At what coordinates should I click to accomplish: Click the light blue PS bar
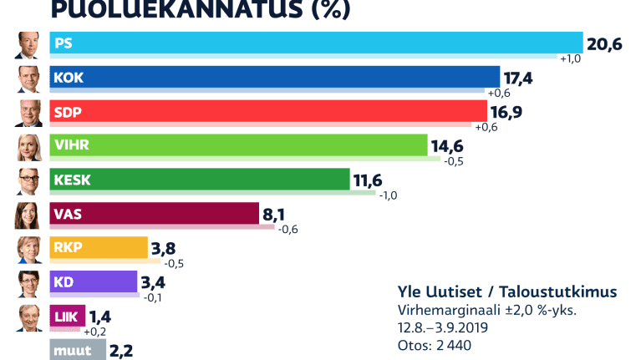(316, 43)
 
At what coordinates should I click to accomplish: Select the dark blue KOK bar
(274, 77)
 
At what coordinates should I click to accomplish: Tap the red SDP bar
(267, 111)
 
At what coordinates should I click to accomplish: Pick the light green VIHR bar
(238, 145)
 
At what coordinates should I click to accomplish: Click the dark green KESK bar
(200, 180)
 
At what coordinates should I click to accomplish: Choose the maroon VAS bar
(155, 214)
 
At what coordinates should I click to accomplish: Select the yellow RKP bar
(99, 248)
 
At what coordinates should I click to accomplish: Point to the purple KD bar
(93, 282)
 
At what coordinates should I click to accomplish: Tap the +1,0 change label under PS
(570, 59)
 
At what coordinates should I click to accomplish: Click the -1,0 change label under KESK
(389, 195)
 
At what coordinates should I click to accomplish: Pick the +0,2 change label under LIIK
(95, 332)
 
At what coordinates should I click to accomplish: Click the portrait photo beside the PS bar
(28, 44)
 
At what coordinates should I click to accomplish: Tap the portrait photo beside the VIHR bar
(28, 147)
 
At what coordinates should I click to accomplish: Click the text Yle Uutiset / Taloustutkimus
(507, 292)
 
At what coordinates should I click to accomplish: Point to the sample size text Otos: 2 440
(435, 344)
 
